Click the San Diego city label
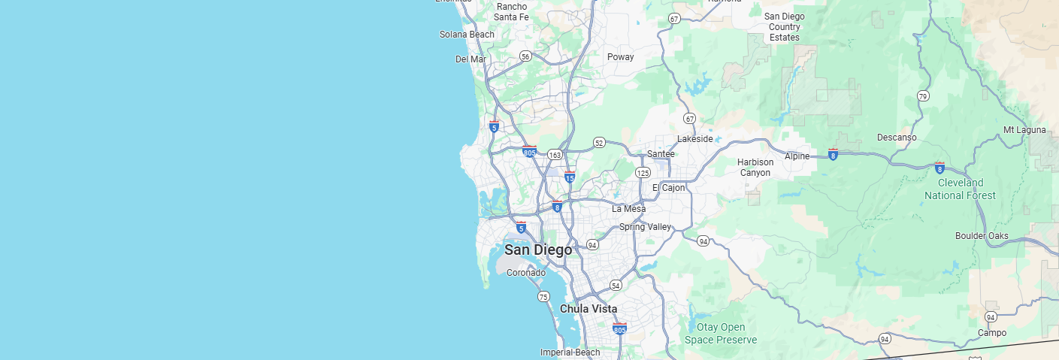tap(538, 250)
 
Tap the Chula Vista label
tap(589, 309)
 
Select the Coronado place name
tap(526, 273)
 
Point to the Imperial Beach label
tap(570, 352)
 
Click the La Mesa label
tap(628, 209)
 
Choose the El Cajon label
tap(669, 188)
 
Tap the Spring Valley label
tap(645, 227)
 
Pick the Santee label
tap(661, 154)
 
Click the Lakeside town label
tap(694, 139)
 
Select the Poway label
tap(621, 57)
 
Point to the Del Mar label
tap(470, 59)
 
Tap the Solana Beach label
tap(467, 35)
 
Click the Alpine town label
tap(797, 156)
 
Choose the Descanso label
tap(897, 138)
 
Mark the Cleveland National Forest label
tap(960, 189)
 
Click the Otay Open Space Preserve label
tap(721, 333)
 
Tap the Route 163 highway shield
tap(555, 155)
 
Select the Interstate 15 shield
tap(570, 177)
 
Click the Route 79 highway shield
tap(923, 96)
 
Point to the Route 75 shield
tap(543, 297)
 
